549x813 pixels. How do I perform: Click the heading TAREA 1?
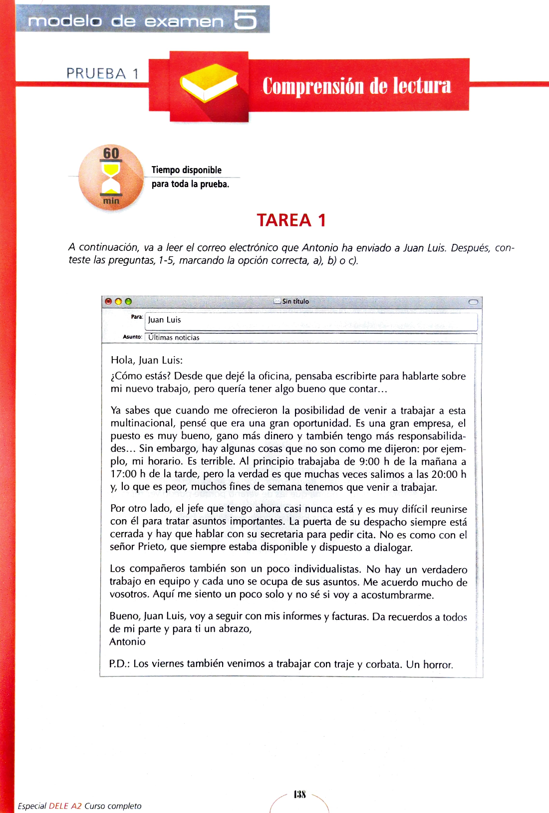point(291,220)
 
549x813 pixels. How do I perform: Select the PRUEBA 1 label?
point(102,74)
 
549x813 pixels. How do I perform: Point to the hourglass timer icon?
point(111,178)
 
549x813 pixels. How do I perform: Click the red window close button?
point(108,301)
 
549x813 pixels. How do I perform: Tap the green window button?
point(128,301)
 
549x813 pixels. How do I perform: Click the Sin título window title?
point(295,301)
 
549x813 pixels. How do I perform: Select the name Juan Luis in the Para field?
point(164,320)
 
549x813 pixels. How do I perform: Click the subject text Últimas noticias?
point(174,338)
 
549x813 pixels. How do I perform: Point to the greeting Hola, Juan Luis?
point(147,360)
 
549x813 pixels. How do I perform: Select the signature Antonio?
point(127,642)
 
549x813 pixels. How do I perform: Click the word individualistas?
point(327,569)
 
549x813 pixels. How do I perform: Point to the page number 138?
point(299,794)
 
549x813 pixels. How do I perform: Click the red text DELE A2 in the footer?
point(65,806)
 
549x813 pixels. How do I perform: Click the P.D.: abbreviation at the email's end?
point(119,664)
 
